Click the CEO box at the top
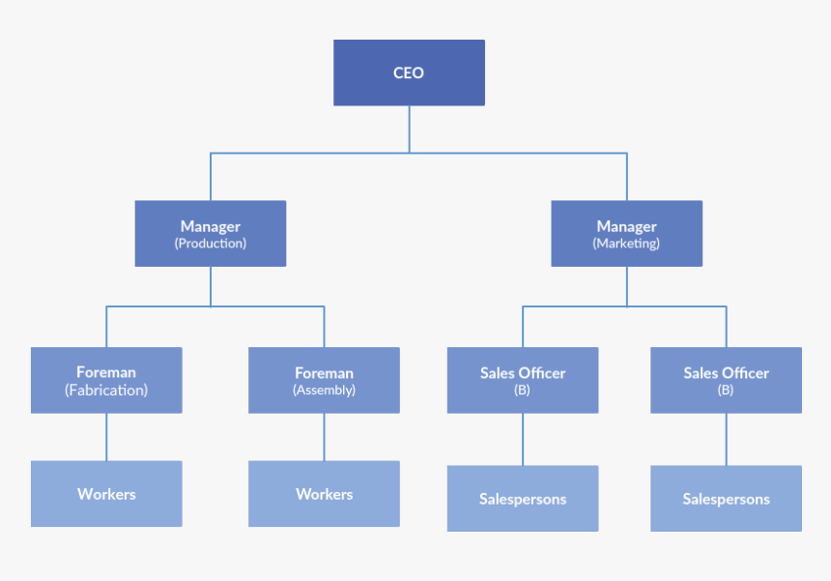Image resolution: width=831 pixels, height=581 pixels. (409, 73)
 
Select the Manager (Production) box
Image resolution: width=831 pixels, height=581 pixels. (211, 234)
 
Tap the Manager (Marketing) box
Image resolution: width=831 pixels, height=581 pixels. (626, 234)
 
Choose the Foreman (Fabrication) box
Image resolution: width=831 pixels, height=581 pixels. (106, 380)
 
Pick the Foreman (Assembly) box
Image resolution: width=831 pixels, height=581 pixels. (324, 380)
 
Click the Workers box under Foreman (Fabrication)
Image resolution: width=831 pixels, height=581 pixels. (106, 494)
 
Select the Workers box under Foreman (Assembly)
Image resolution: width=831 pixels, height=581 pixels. (324, 494)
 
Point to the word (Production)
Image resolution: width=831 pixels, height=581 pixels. (211, 244)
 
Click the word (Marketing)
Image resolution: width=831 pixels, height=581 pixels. (626, 244)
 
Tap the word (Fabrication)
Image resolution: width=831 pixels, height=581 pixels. (106, 391)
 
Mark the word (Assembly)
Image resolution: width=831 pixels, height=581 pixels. (324, 391)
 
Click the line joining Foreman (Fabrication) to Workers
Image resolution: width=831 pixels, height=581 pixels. (106, 437)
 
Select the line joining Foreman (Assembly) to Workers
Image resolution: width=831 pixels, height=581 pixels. (324, 437)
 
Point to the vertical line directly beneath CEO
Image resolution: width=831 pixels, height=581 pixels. (409, 128)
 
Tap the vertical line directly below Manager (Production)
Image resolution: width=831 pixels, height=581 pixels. (211, 286)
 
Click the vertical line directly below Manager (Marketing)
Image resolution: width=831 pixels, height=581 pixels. (626, 286)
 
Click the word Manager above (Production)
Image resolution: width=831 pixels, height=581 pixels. (211, 226)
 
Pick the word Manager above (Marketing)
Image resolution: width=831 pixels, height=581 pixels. (626, 226)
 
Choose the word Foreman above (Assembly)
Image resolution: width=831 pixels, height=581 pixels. (324, 372)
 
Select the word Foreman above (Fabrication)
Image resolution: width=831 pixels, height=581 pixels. (106, 371)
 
